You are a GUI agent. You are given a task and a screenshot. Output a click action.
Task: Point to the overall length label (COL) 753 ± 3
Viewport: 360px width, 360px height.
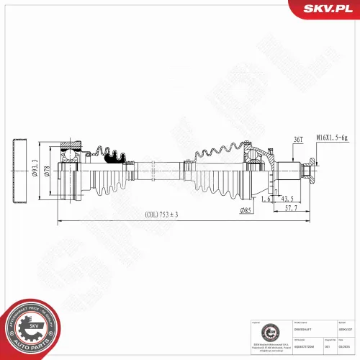(161, 214)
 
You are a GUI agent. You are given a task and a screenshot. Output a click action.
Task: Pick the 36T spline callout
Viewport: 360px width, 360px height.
(278, 139)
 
